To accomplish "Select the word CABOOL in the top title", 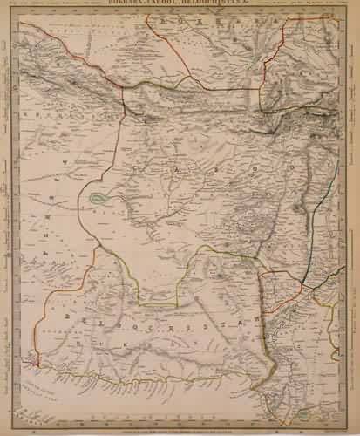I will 173,3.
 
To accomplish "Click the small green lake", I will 98,199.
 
